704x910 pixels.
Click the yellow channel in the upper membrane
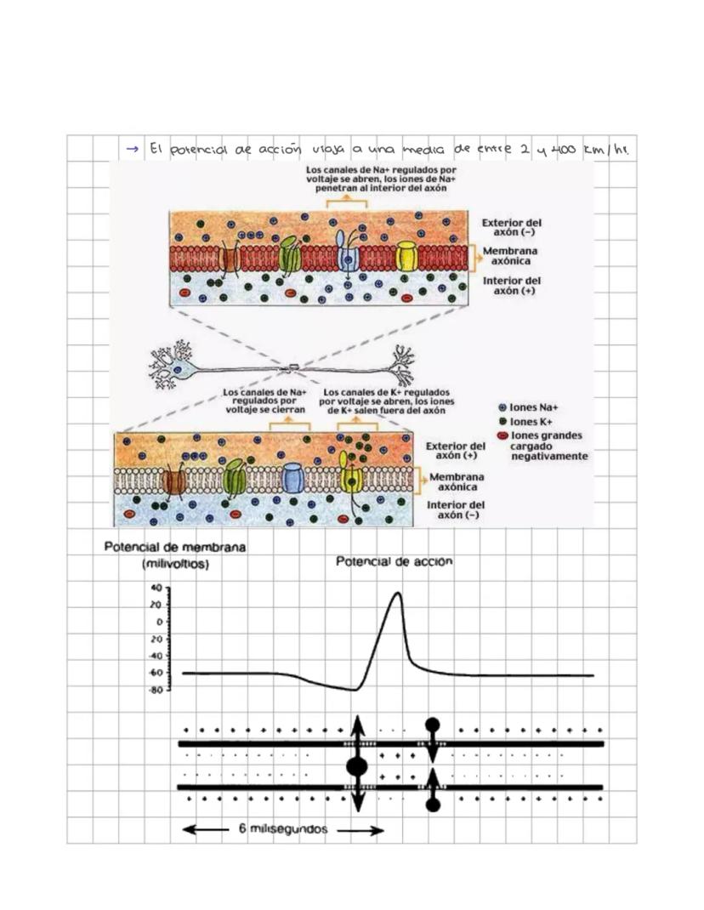(x=407, y=256)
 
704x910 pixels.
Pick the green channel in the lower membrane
(x=234, y=480)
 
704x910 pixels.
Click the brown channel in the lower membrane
(x=175, y=481)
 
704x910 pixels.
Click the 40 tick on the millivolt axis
(x=157, y=588)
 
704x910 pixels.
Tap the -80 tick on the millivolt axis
(x=156, y=690)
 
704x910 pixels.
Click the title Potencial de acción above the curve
(x=395, y=562)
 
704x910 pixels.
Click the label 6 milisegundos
(x=283, y=830)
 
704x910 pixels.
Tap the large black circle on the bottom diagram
(x=357, y=767)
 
